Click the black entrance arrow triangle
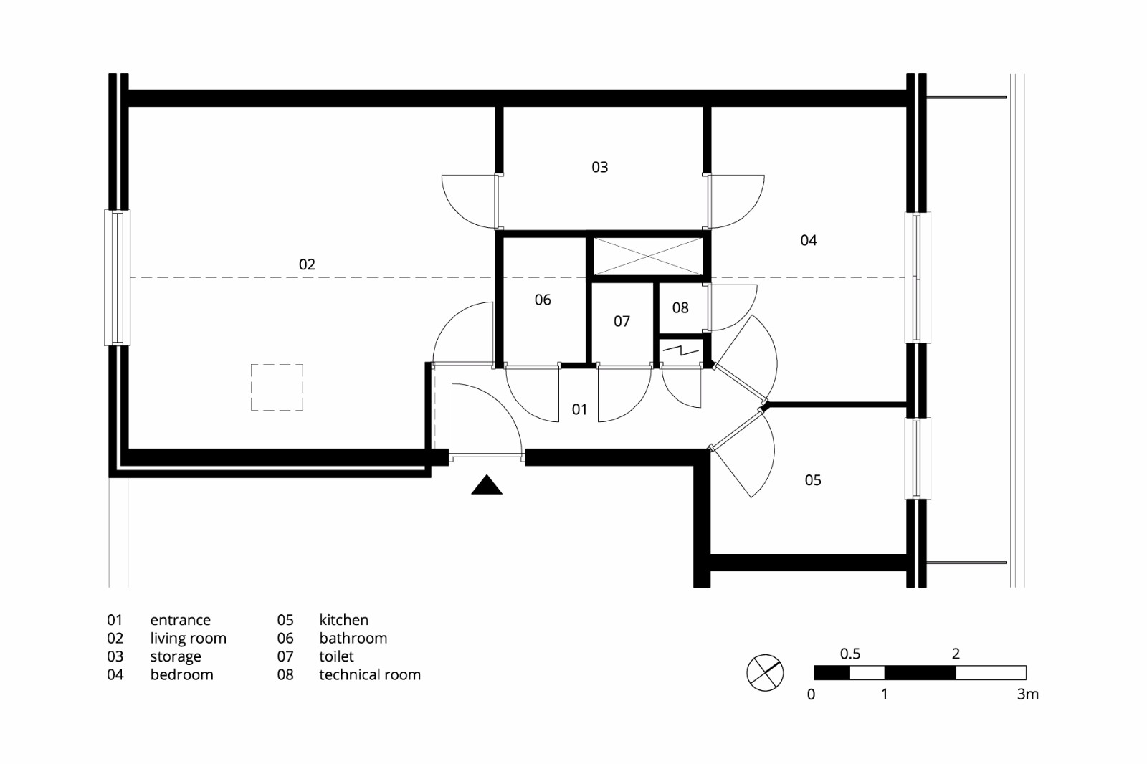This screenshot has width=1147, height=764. pyautogui.click(x=487, y=487)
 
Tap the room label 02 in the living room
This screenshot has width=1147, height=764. pyautogui.click(x=307, y=264)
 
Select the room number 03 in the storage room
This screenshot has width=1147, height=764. pyautogui.click(x=599, y=167)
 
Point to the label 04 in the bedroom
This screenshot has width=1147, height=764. pyautogui.click(x=808, y=240)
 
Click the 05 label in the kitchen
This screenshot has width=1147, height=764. pyautogui.click(x=812, y=480)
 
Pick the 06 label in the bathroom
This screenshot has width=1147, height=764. pyautogui.click(x=543, y=300)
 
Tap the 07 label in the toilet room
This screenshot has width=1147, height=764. pyautogui.click(x=622, y=321)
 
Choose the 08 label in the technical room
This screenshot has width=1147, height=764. pyautogui.click(x=680, y=307)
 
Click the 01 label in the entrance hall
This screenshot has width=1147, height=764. pyautogui.click(x=579, y=409)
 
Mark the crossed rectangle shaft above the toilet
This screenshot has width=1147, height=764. pyautogui.click(x=648, y=256)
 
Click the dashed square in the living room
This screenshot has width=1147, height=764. pyautogui.click(x=277, y=387)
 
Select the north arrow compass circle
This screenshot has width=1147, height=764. pyautogui.click(x=765, y=672)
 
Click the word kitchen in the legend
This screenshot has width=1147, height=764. pyautogui.click(x=343, y=620)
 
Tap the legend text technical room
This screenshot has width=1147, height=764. pyautogui.click(x=369, y=674)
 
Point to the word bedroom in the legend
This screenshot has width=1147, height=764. pyautogui.click(x=181, y=674)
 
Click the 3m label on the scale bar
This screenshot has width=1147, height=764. pyautogui.click(x=1027, y=694)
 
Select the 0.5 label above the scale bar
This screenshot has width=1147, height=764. pyautogui.click(x=850, y=654)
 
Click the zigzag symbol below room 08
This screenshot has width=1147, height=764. pyautogui.click(x=680, y=351)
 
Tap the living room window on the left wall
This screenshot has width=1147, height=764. pyautogui.click(x=118, y=277)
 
